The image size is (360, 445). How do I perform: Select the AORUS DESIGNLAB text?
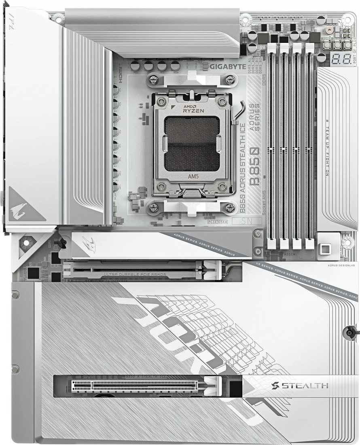tap(341, 266)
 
